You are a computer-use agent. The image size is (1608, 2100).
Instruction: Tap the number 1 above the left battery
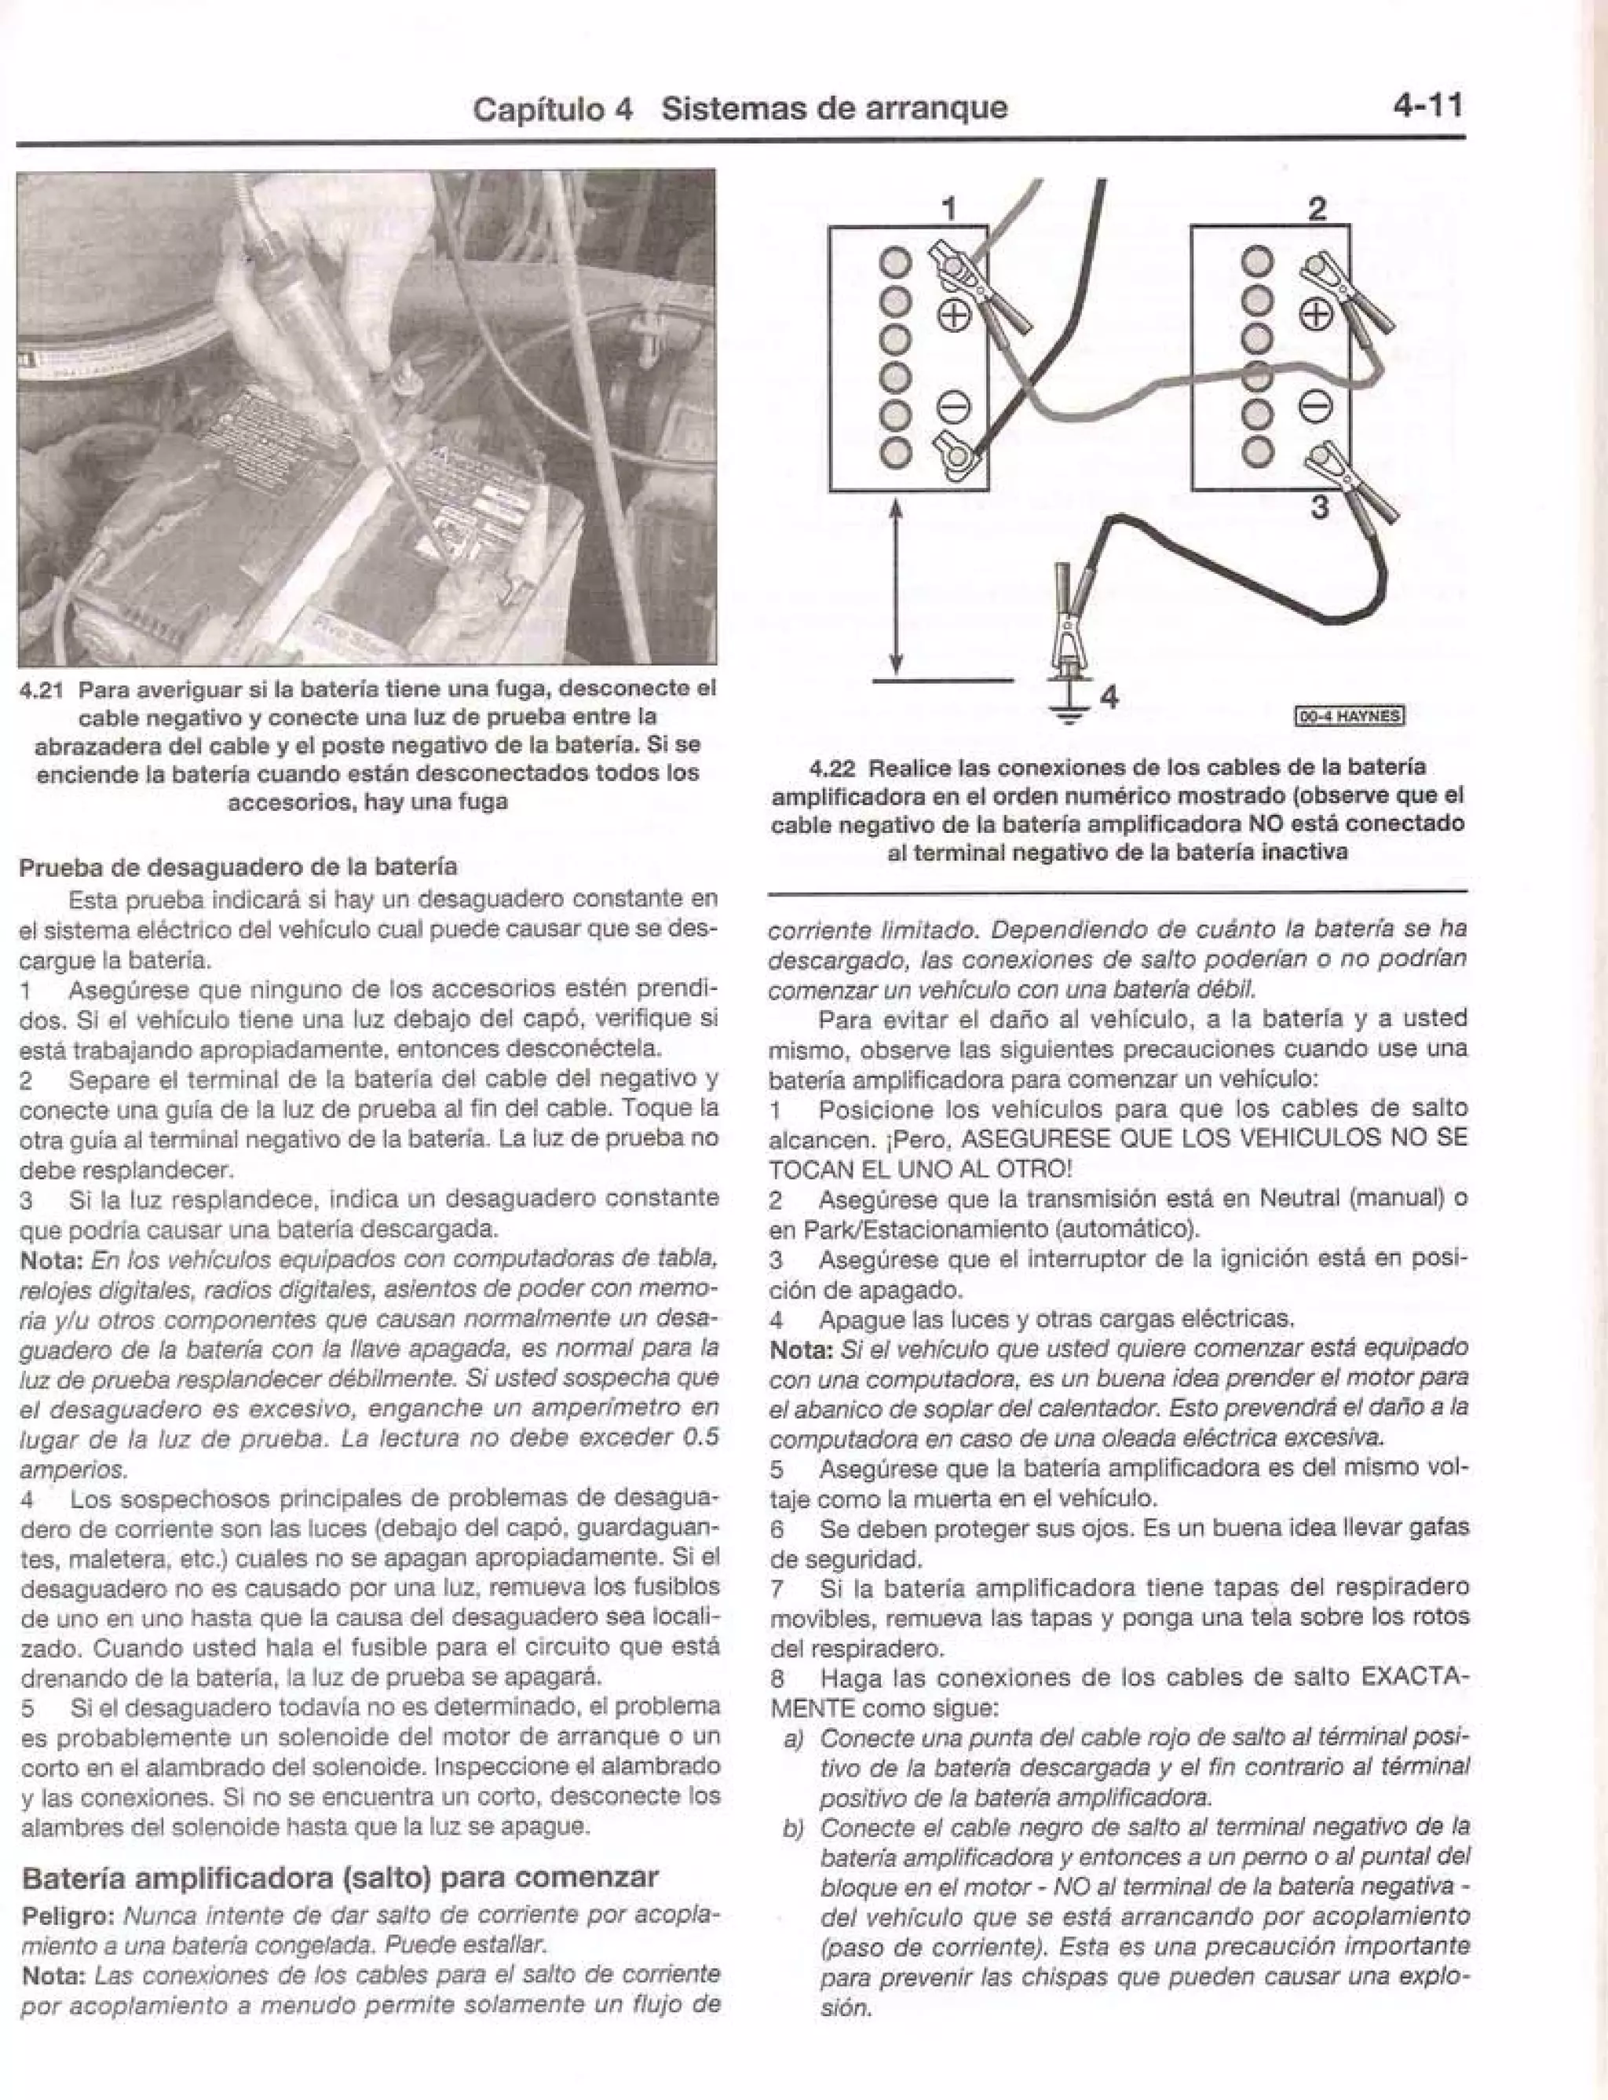coord(948,208)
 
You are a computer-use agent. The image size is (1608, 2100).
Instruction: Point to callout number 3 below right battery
coord(1319,506)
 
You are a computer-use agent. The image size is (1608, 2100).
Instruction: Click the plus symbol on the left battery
coord(958,315)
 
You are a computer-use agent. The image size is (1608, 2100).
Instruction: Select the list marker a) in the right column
coord(792,1737)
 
